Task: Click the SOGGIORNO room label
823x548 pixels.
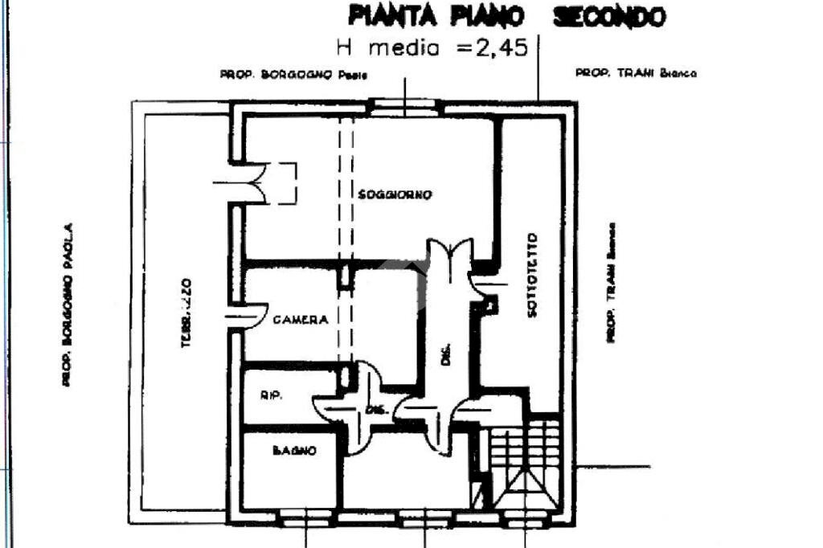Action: point(395,194)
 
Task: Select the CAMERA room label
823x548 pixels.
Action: point(301,320)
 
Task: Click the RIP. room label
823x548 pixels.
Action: point(270,395)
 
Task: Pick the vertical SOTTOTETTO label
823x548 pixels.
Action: point(532,275)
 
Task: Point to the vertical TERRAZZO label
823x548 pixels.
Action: point(186,313)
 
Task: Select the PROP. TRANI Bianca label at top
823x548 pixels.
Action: point(636,73)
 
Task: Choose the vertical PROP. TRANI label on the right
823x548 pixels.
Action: point(611,283)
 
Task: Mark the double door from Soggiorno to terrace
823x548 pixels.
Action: point(256,182)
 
